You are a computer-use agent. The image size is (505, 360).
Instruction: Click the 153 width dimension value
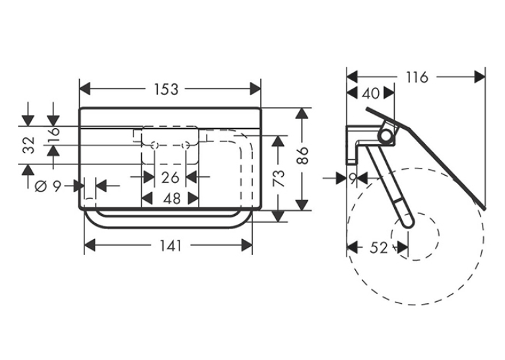(166, 89)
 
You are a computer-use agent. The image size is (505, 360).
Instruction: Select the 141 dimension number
(171, 246)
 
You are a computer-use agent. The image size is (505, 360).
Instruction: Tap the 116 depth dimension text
(417, 77)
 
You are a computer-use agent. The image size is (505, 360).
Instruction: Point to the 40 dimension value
(371, 93)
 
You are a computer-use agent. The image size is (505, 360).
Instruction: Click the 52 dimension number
(379, 248)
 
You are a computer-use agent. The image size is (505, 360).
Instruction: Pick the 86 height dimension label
(302, 156)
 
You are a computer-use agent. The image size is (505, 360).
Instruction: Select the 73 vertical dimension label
(279, 178)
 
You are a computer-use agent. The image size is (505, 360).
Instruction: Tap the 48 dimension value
(172, 199)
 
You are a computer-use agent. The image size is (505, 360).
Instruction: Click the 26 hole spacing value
(170, 178)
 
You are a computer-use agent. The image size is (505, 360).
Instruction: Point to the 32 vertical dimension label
(29, 145)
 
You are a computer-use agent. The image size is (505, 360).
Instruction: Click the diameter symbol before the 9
(41, 186)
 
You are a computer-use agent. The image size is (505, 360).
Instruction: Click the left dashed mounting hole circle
(154, 145)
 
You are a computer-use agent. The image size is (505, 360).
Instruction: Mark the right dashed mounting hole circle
(185, 145)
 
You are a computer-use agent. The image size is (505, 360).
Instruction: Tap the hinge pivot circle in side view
(386, 135)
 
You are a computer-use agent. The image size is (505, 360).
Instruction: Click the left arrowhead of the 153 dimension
(84, 89)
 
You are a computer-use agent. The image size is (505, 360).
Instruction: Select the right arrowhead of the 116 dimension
(480, 77)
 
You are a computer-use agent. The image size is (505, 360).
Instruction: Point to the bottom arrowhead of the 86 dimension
(302, 205)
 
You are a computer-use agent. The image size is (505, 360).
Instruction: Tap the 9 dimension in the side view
(353, 178)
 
